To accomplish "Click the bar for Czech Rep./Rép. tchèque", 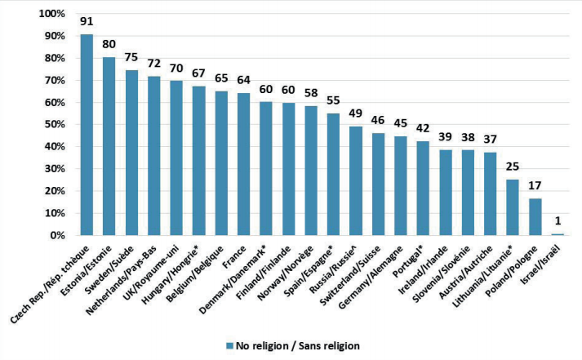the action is coord(87,135).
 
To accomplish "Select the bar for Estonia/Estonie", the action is coord(109,146).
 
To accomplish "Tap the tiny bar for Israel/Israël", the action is coord(558,234).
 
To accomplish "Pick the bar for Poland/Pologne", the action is coord(535,217).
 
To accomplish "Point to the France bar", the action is coord(243,164).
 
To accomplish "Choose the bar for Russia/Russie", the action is coord(356,180).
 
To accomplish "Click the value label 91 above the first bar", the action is coord(87,21).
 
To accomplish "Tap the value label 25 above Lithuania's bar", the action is coord(513,167).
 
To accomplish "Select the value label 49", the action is coord(356,113).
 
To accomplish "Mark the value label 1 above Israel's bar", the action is coord(558,221).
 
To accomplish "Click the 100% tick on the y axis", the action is coord(51,14).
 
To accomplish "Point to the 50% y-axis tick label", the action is coord(54,124).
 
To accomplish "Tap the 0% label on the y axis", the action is coord(57,235).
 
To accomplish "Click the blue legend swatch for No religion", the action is coord(229,346).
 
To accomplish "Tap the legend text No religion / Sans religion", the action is coord(298,346).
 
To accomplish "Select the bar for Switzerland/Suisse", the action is coord(378,184).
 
